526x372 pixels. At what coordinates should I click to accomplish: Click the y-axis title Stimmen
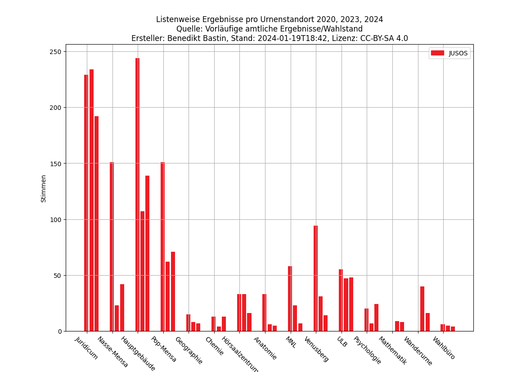[x=44, y=188]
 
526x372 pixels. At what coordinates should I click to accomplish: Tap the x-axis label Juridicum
[x=86, y=348]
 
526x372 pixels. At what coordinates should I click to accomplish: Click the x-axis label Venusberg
[x=316, y=349]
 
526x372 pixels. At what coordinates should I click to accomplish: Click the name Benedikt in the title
[x=183, y=39]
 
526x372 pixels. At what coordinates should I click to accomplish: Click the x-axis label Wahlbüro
[x=444, y=348]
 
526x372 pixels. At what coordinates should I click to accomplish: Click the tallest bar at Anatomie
[x=264, y=313]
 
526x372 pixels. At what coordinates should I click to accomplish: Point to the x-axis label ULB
[x=342, y=342]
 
